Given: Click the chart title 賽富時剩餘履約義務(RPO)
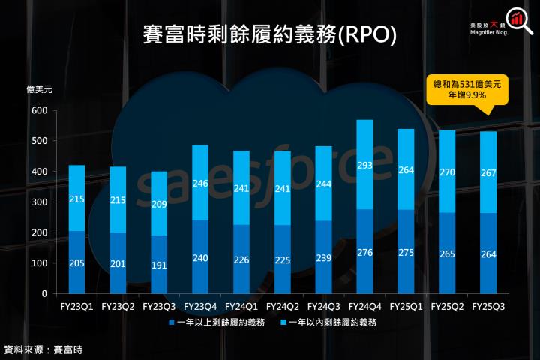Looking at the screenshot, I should click(x=270, y=34).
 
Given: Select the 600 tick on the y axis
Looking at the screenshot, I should click(x=39, y=111).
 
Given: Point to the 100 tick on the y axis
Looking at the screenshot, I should click(x=39, y=263).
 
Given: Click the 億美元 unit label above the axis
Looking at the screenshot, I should click(x=39, y=90).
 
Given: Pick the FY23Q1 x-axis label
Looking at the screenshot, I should click(x=76, y=307).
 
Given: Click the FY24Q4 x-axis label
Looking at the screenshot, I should click(x=364, y=307).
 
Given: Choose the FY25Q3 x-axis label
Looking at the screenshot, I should click(x=488, y=307).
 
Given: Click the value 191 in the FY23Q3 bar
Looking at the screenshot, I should click(x=159, y=265).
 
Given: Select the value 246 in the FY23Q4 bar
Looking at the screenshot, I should click(x=200, y=182).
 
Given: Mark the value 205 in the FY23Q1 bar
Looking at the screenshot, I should click(x=76, y=262).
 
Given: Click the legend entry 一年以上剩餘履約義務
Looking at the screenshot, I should click(x=216, y=322).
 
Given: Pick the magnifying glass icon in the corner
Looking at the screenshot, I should click(x=518, y=20).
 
